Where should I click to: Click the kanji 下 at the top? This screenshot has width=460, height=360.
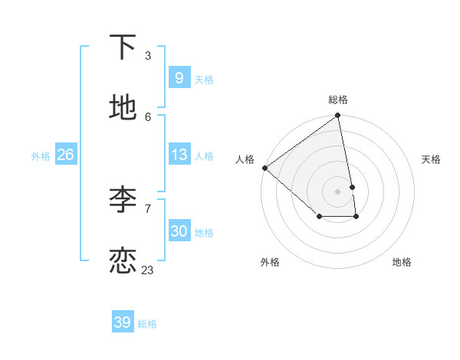(x=123, y=47)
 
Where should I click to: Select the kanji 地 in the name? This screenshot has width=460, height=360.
(x=123, y=108)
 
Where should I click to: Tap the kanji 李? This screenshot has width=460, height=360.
(x=123, y=199)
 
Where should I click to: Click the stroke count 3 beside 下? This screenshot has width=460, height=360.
(x=147, y=56)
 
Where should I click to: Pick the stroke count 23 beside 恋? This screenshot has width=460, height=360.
(x=147, y=270)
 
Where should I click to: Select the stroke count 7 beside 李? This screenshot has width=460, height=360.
(x=147, y=208)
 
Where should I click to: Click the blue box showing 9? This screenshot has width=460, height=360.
(x=179, y=78)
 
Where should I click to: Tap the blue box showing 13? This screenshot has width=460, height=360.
(x=179, y=155)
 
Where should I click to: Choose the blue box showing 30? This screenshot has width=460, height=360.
(x=179, y=231)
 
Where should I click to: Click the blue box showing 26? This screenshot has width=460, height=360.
(x=65, y=155)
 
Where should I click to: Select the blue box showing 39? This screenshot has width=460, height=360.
(x=122, y=322)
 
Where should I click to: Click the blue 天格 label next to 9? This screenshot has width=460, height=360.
(x=204, y=80)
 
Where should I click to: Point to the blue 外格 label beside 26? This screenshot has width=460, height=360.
(x=41, y=156)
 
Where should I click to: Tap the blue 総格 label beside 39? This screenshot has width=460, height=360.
(x=147, y=324)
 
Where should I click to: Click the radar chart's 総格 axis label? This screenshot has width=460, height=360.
(x=338, y=100)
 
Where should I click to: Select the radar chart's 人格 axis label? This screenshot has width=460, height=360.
(x=245, y=159)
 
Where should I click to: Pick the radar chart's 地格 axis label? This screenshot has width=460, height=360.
(x=402, y=262)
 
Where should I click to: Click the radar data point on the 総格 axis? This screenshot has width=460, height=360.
(x=338, y=116)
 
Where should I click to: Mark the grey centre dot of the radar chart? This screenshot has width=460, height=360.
(x=338, y=190)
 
